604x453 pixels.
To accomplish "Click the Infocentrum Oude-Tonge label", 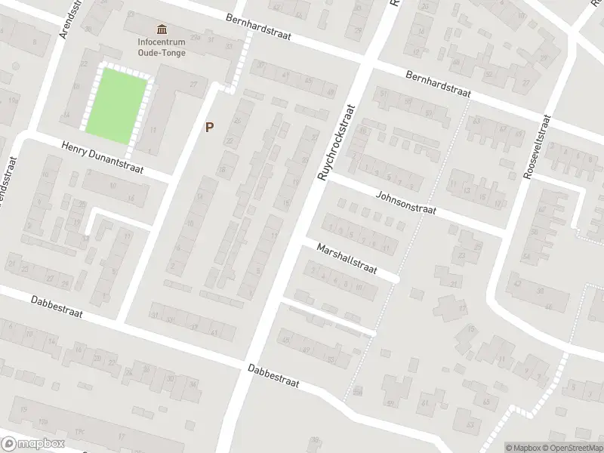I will pos(162,47).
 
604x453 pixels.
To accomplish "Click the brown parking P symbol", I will pos(209,128).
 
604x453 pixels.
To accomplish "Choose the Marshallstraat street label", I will pos(347,259).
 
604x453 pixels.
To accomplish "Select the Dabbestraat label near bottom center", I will pos(273,375).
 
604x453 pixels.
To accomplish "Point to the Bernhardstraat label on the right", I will pos(438,84).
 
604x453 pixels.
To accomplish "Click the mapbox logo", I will pos(32,442).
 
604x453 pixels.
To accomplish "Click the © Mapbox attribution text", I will pos(522,448).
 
